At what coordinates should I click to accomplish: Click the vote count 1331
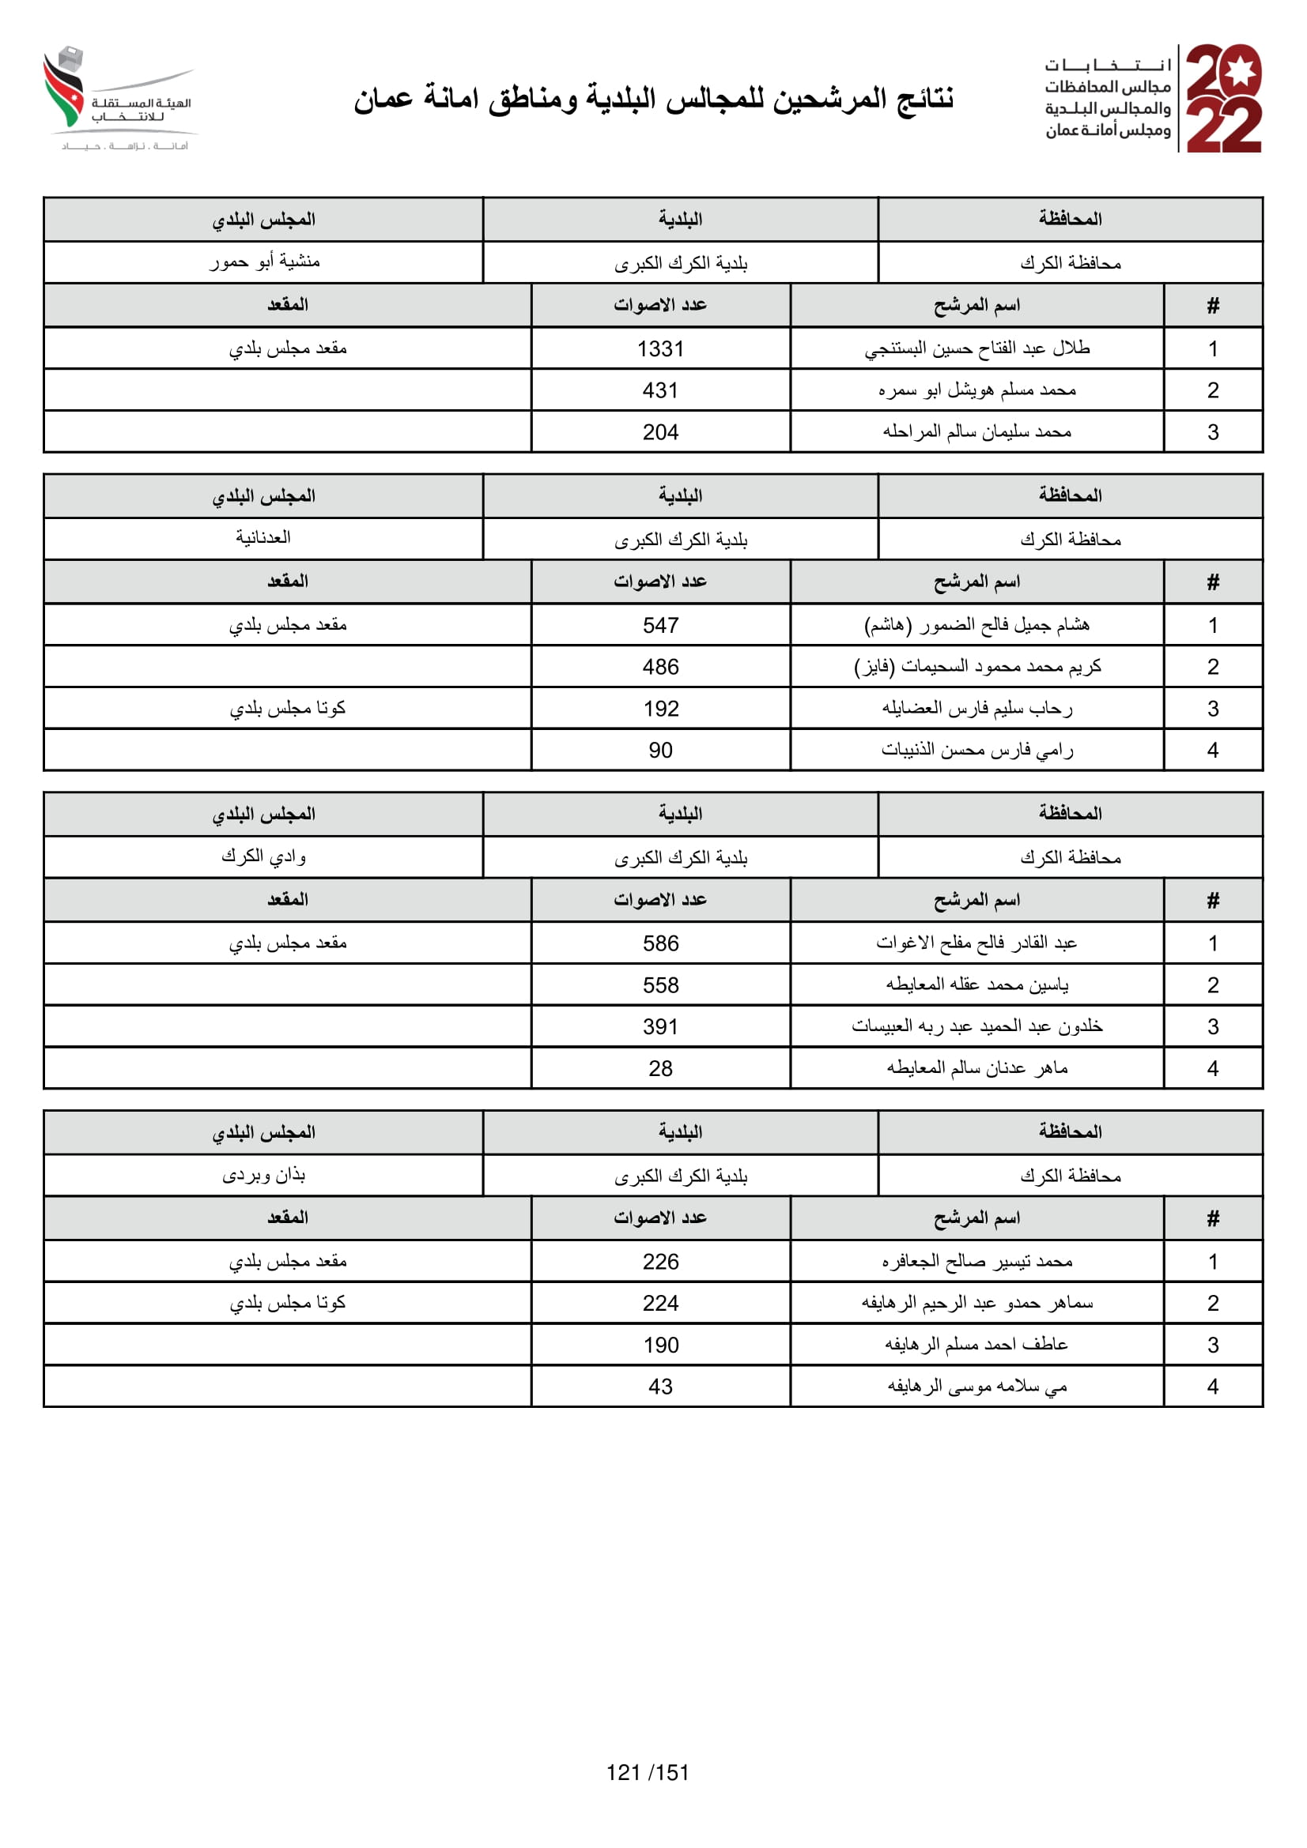point(659,348)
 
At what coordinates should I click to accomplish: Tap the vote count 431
point(659,390)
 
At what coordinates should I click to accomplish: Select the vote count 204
point(659,432)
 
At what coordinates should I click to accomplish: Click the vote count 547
point(659,626)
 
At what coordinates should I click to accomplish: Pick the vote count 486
point(659,668)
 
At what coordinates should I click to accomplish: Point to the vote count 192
point(659,709)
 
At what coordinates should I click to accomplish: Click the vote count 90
point(659,750)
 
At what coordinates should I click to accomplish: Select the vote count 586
point(659,943)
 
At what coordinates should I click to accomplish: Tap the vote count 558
point(659,985)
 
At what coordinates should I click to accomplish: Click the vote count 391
point(659,1027)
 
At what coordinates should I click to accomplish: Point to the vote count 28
point(659,1069)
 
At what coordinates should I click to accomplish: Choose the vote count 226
point(659,1262)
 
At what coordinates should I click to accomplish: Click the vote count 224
point(659,1303)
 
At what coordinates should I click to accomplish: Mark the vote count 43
point(659,1387)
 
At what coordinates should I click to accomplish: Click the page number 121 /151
point(648,1772)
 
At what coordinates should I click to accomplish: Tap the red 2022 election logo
point(1223,98)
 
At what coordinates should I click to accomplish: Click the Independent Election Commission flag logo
point(64,88)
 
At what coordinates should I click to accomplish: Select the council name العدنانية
point(263,538)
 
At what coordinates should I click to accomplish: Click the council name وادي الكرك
point(263,856)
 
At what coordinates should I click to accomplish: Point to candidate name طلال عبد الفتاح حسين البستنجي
point(976,348)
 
